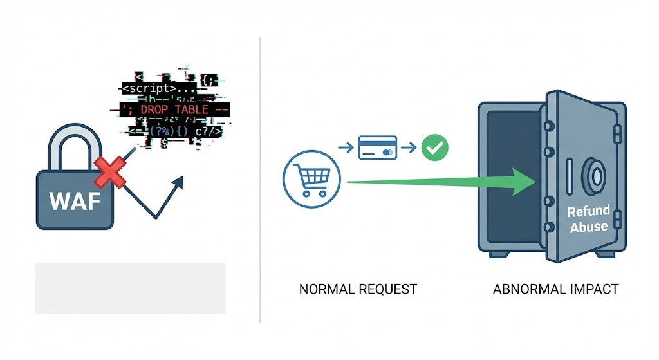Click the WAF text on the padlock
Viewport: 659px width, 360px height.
pos(75,201)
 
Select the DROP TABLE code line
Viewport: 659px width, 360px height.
pos(174,109)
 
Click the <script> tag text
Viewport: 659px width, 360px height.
pos(149,88)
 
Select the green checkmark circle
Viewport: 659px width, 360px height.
pos(434,149)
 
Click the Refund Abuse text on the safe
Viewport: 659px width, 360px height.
pos(588,219)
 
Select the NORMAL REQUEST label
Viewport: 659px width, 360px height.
pos(358,289)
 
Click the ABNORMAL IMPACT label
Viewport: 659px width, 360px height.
pos(555,289)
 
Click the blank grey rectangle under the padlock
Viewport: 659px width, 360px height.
pos(130,288)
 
